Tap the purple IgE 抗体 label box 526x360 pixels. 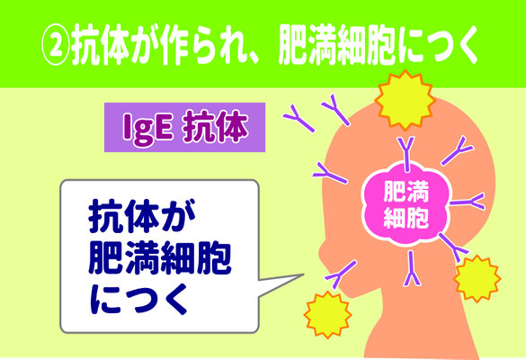click(185, 127)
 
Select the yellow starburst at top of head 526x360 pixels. click(405, 100)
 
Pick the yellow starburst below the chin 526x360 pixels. click(328, 315)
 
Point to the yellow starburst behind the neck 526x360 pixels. click(477, 278)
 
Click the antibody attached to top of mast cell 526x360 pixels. click(406, 154)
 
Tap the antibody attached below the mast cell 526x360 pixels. click(412, 269)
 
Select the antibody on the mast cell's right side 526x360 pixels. click(468, 202)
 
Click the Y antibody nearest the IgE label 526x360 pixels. click(299, 118)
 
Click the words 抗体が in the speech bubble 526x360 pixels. click(142, 217)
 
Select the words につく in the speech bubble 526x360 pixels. click(138, 299)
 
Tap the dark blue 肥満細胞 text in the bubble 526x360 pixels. click(160, 258)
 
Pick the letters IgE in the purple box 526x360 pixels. click(148, 129)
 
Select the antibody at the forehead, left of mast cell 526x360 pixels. click(330, 173)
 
